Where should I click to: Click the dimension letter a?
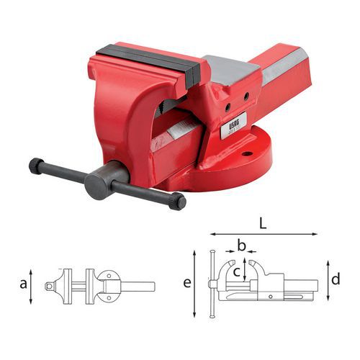(x=24, y=284)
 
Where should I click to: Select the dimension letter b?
(x=242, y=248)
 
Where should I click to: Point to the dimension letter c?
(x=236, y=271)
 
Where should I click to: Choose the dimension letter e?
(x=187, y=284)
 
